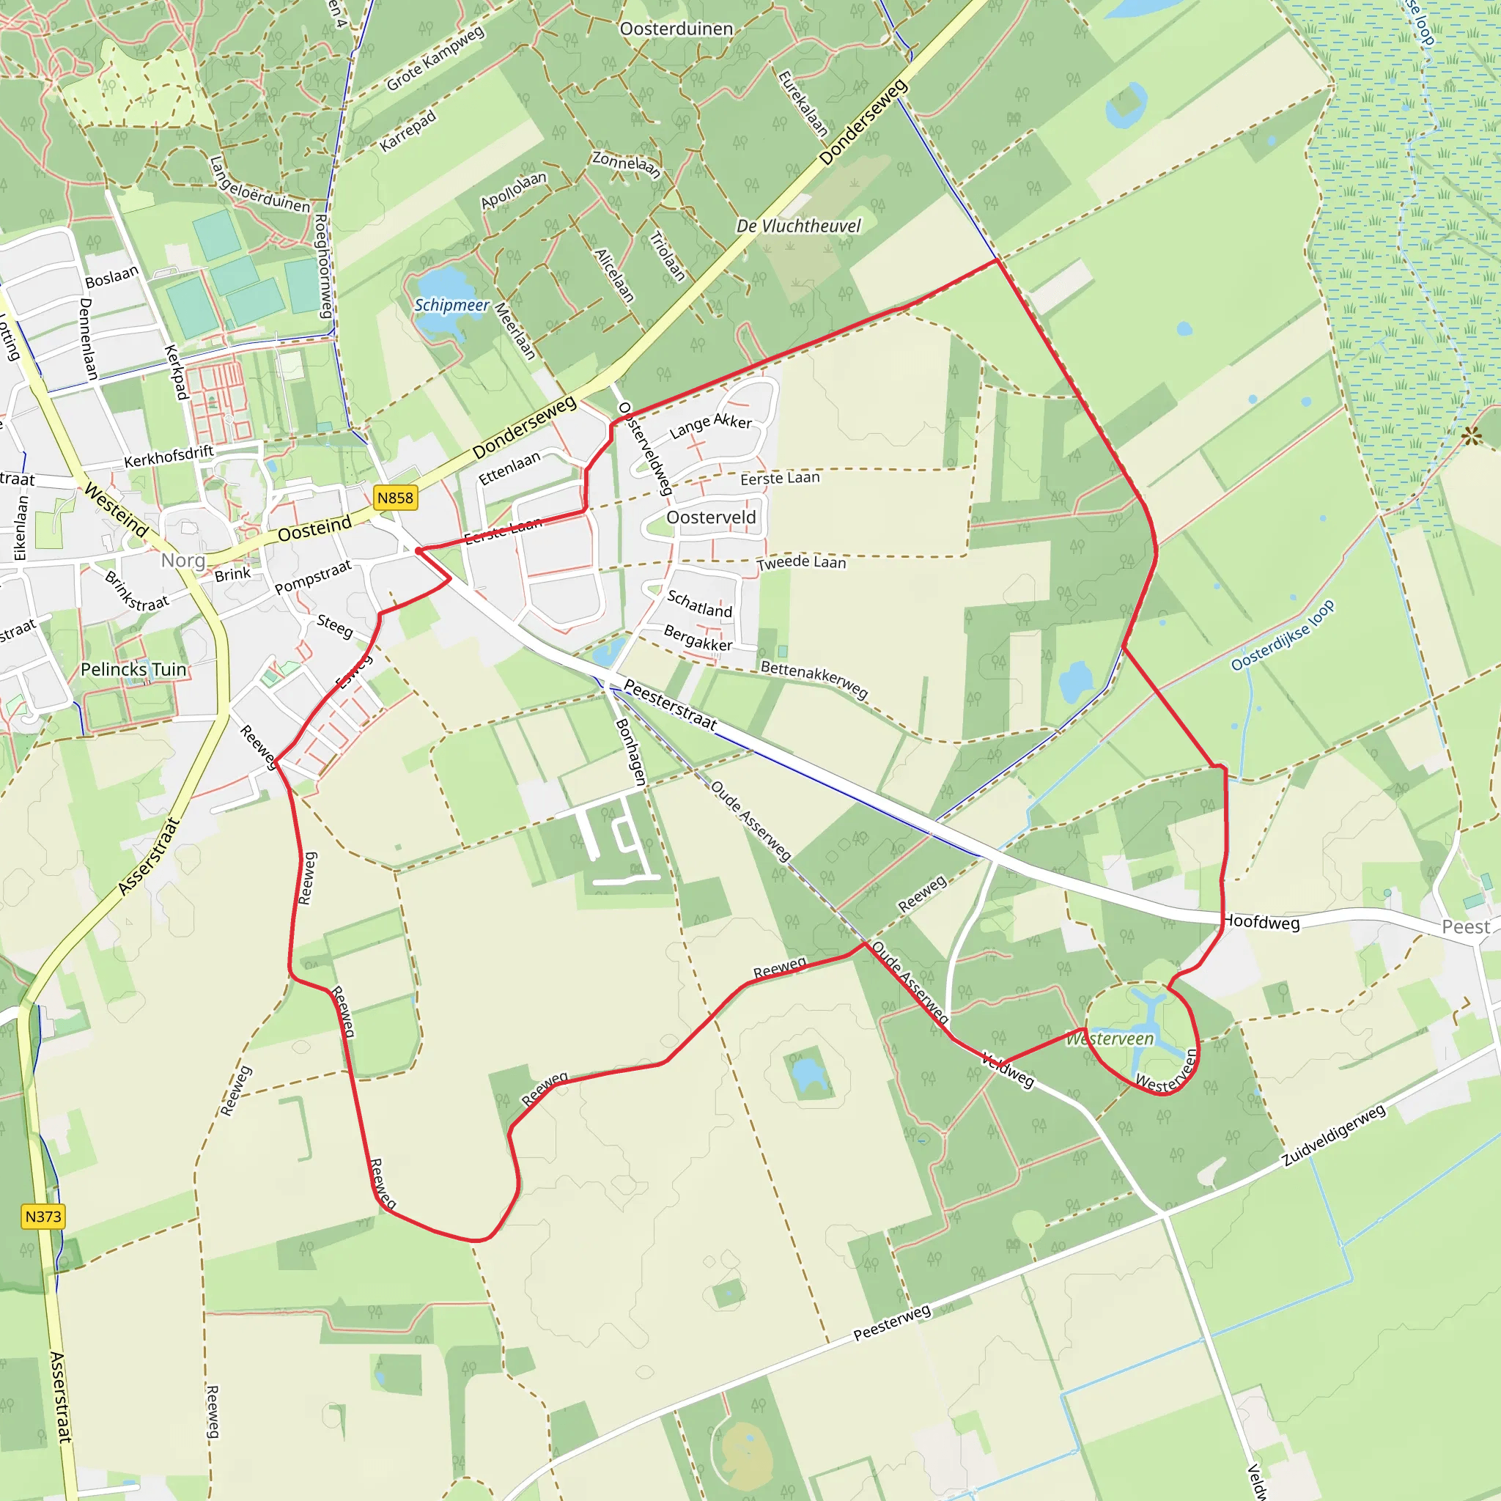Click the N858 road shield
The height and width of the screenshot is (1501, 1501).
point(396,498)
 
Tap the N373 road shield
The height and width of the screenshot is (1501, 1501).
point(43,1217)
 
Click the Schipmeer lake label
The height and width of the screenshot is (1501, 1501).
point(451,306)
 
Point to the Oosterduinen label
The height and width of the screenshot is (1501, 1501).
point(676,29)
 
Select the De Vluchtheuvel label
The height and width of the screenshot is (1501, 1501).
point(798,226)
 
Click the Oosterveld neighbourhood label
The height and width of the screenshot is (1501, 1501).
point(711,517)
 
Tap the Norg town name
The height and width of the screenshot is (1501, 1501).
point(183,560)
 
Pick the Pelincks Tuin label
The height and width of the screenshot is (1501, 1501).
point(133,670)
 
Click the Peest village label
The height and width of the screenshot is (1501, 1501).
point(1465,927)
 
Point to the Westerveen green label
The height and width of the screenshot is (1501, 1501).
point(1110,1039)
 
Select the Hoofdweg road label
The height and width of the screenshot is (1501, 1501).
point(1262,923)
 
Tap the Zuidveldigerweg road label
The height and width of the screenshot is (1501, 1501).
point(1333,1136)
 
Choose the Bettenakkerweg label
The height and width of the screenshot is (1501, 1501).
point(814,678)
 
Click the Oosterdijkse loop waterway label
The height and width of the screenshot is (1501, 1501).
point(1283,635)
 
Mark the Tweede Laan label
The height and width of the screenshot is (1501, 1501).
point(802,561)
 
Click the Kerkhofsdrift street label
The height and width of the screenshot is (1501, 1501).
point(169,456)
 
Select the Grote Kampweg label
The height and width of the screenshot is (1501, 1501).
point(435,57)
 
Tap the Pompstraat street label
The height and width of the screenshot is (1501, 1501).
point(313,578)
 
